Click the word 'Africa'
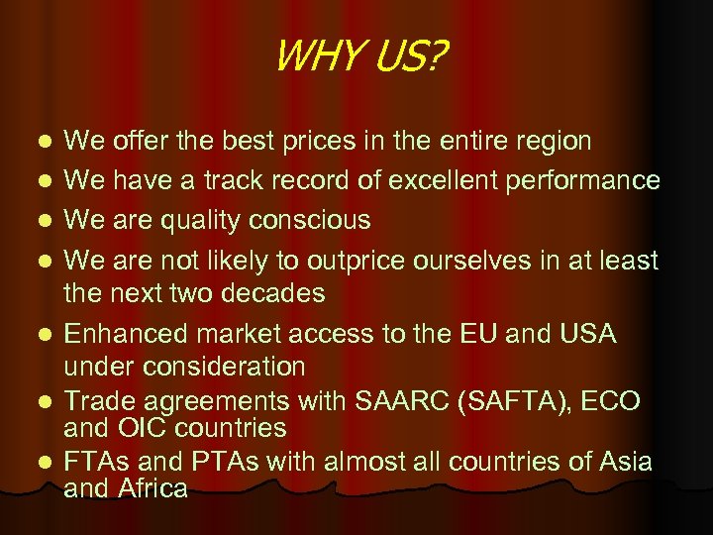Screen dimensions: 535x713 (151, 487)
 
